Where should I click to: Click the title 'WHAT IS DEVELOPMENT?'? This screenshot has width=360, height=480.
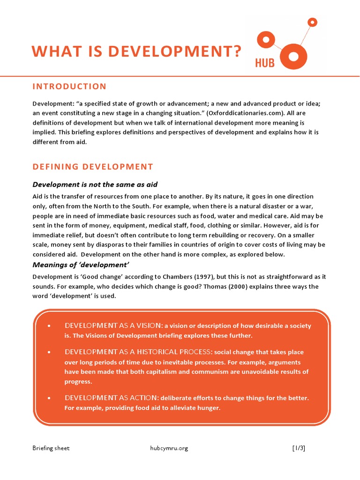136,51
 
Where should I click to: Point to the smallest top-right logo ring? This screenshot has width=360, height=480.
313,22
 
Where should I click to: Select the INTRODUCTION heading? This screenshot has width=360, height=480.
69,86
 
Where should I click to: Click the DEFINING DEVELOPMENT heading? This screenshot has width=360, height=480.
92,166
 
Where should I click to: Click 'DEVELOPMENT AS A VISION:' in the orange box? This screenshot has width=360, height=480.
113,326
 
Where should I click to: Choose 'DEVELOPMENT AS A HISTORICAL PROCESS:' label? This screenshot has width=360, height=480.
138,352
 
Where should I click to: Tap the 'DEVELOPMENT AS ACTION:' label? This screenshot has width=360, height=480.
112,398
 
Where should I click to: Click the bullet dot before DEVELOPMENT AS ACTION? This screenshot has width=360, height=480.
49,398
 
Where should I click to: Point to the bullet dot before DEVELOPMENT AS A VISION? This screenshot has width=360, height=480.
49,326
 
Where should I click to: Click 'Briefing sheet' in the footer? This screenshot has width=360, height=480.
51,448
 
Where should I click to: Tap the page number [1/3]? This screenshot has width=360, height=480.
298,448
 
